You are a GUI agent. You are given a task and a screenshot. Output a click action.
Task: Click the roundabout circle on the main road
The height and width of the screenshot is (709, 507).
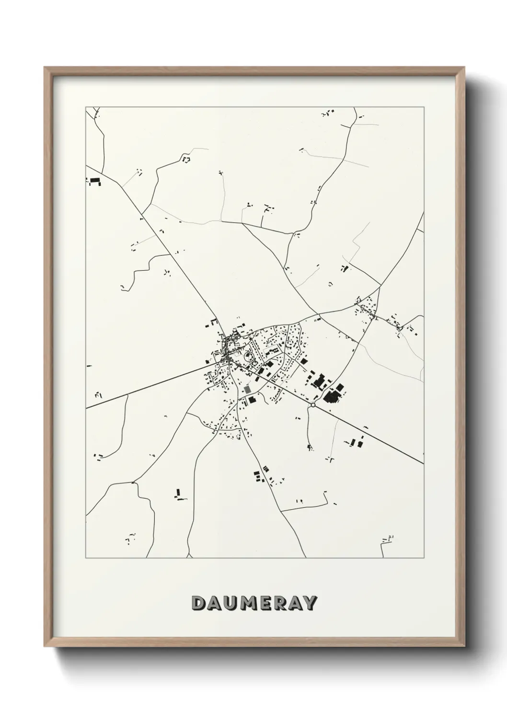312,405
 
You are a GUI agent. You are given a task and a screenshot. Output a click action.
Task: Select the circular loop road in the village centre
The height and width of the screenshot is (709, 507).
249,356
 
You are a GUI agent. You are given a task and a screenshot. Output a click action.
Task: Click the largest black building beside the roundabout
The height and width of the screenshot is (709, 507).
331,395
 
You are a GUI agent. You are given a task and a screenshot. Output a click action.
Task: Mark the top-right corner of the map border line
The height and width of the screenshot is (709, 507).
424,106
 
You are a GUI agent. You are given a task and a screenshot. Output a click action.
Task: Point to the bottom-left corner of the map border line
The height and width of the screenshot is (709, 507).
86,558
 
